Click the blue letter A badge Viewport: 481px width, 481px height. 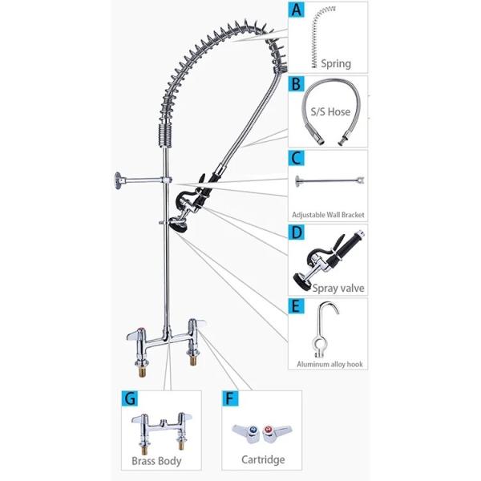coord(296,10)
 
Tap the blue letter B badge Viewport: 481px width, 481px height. coord(296,83)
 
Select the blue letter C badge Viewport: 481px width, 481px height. coord(296,158)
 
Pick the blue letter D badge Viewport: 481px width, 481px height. coord(296,232)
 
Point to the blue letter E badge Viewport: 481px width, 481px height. coord(296,306)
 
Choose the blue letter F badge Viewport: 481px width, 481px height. coord(230,398)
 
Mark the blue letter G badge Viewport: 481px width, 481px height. coord(129,398)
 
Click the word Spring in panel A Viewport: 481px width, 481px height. coord(336,64)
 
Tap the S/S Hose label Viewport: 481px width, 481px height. coord(330,111)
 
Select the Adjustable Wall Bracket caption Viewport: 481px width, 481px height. coord(328,215)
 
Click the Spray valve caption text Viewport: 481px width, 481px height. coord(338,288)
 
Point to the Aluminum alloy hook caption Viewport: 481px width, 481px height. coord(329,364)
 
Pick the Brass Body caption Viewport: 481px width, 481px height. coord(156,461)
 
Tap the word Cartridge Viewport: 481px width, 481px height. coord(263,459)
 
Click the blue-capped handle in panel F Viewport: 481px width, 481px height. coord(247,433)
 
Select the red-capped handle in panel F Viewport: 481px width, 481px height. coord(276,433)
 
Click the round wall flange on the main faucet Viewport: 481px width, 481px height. coord(118,180)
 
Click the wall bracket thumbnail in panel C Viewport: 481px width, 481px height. coord(329,180)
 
